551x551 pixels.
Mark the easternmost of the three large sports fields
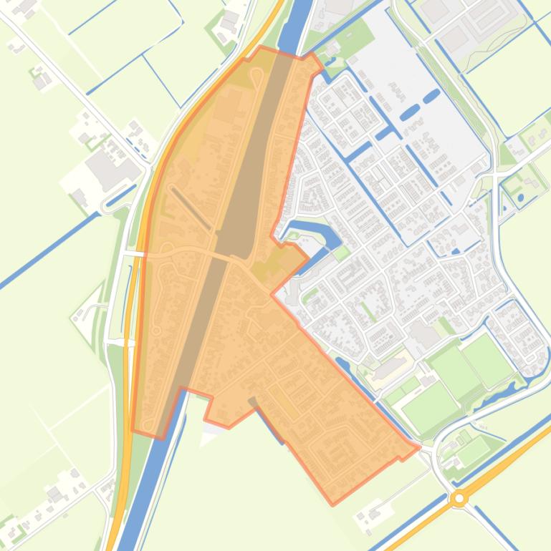click(487, 357)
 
